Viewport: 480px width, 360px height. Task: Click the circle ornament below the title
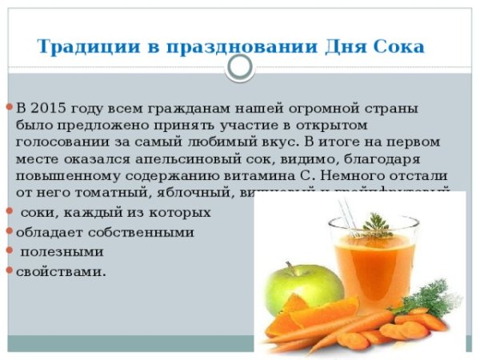(x=240, y=70)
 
